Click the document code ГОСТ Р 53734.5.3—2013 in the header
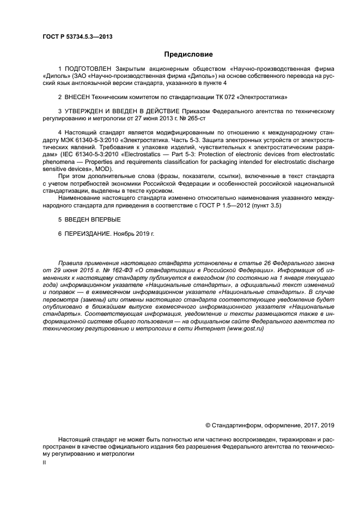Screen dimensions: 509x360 click(81, 36)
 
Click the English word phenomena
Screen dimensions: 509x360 click(59, 162)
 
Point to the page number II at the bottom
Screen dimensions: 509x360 click(44, 462)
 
